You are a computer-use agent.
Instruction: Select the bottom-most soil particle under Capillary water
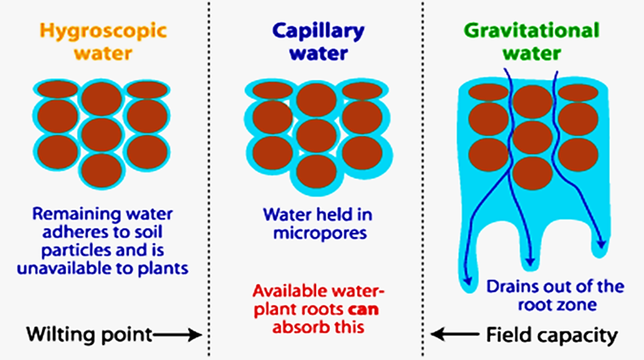click(x=317, y=171)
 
